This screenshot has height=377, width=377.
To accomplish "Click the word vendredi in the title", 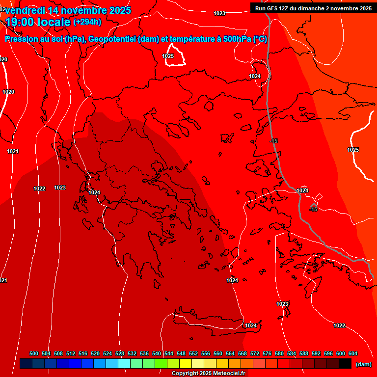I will (x=25, y=10).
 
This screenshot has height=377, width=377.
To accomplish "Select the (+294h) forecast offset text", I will (x=87, y=22).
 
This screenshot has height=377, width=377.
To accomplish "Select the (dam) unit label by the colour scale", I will (x=363, y=364).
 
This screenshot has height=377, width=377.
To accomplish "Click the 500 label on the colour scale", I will (x=34, y=353).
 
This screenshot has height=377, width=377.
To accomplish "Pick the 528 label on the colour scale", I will (x=120, y=353).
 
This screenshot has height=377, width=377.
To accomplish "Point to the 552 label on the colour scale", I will (x=193, y=353).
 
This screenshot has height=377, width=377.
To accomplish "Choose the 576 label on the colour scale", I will (x=267, y=353).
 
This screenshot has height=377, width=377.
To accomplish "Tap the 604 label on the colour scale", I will (x=353, y=353).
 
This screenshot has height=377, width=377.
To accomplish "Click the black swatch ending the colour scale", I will (x=345, y=364).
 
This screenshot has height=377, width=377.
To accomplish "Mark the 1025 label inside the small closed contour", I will (x=168, y=56).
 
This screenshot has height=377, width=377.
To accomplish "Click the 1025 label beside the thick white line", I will (x=353, y=150).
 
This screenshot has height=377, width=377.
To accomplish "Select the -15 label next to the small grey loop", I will (x=313, y=209).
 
